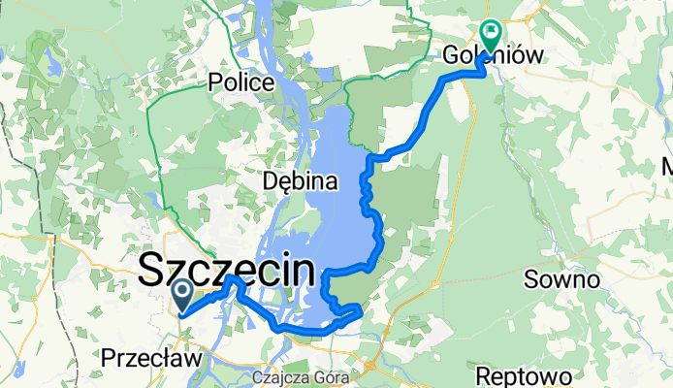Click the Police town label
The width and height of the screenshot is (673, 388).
240,82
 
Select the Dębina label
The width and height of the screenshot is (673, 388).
301,180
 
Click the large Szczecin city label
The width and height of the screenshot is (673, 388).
228,270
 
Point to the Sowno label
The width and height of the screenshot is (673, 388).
557,280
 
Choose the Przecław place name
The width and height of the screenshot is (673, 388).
150,359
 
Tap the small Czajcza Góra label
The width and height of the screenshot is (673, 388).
288,376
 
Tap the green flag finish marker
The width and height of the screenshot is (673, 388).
490,35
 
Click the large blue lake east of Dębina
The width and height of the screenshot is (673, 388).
344,194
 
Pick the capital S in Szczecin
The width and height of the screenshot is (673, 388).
153,270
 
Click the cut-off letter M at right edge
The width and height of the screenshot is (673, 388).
667,165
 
